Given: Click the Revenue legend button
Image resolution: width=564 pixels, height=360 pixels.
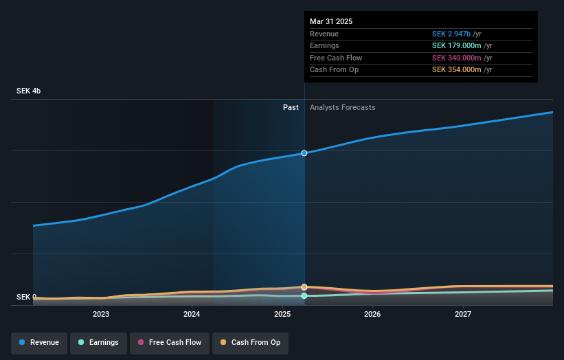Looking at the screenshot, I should (x=39, y=342).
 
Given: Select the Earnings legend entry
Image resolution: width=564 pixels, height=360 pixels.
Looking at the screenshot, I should (x=98, y=342).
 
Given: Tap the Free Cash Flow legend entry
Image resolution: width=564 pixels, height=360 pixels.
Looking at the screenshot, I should (x=168, y=342).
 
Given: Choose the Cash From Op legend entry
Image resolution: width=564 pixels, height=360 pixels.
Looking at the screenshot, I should (x=250, y=342).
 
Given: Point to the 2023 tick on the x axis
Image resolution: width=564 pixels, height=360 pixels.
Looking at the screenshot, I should (x=101, y=314).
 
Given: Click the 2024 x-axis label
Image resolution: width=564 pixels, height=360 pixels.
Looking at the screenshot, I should (x=192, y=314).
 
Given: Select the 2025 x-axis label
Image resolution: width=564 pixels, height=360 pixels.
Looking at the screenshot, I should (x=282, y=314).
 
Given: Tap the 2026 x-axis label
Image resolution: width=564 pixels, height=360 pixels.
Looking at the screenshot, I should (x=372, y=314).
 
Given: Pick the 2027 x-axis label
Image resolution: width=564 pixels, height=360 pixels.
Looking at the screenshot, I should (x=463, y=314).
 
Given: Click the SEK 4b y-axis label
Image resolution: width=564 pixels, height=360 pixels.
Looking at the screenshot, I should (x=28, y=91).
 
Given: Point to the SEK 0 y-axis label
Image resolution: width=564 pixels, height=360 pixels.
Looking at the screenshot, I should (x=27, y=297).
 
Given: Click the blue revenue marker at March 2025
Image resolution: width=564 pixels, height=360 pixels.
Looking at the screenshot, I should (x=304, y=153).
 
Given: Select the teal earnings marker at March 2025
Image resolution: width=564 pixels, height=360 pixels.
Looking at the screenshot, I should (x=304, y=296).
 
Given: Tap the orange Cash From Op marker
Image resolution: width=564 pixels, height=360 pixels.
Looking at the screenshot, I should (x=304, y=286).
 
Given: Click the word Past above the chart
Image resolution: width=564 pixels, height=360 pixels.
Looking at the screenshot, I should (x=291, y=107).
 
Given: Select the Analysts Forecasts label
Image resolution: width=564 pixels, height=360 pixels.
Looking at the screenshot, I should (x=342, y=107).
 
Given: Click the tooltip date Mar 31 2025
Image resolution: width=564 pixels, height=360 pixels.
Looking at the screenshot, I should (x=331, y=21).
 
